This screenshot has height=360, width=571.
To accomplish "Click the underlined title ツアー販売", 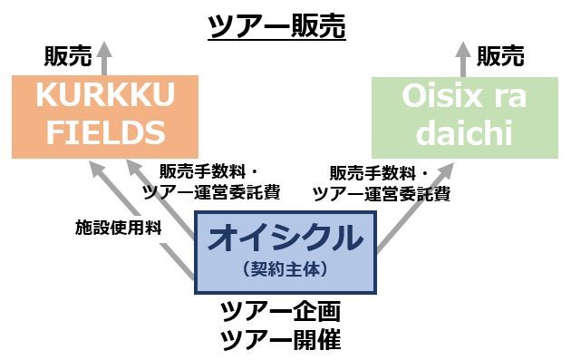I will point(276,26).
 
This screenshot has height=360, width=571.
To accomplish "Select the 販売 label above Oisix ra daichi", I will point(500,56).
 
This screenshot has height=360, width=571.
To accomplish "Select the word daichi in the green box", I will point(464,133).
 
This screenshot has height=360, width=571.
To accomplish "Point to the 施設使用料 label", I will point(118,228).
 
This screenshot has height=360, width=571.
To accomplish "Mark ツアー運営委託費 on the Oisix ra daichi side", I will point(381,192).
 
